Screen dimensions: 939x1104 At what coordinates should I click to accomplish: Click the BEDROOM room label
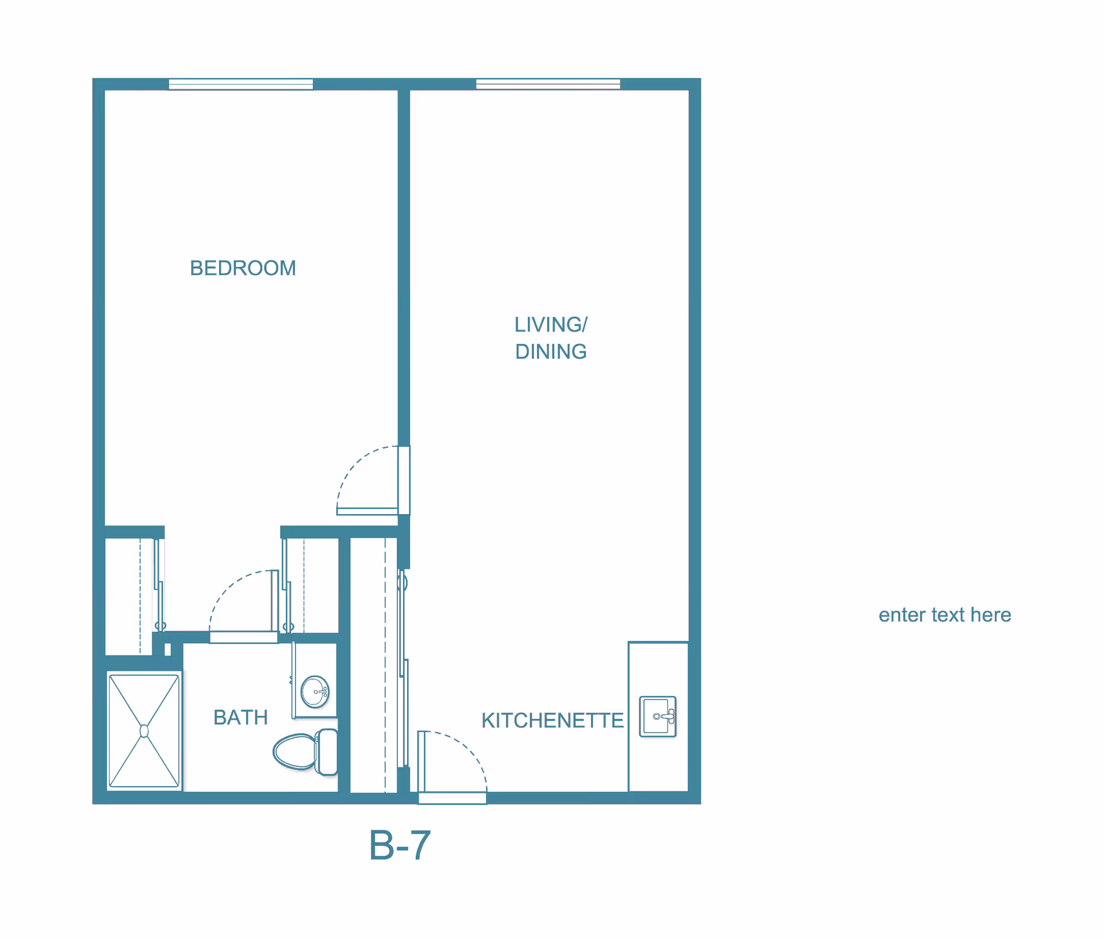pos(243,268)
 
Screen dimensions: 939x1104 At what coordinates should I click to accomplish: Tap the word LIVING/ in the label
pos(550,325)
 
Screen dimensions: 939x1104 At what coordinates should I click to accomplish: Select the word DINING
pos(550,351)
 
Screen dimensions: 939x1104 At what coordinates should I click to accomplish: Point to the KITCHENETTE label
pos(552,720)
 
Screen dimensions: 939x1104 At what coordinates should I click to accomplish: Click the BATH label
pos(240,718)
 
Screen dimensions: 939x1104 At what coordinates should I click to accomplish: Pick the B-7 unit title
pos(400,845)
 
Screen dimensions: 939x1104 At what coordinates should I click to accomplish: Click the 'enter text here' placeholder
pos(944,615)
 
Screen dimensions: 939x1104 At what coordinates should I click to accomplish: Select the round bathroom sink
pos(315,691)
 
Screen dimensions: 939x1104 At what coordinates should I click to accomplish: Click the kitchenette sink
pos(658,716)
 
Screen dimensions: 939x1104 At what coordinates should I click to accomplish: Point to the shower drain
pos(144,731)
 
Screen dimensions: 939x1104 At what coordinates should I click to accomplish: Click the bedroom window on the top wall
pos(240,85)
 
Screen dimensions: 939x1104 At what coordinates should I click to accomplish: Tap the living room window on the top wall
pos(547,85)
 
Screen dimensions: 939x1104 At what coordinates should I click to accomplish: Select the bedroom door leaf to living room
pos(367,511)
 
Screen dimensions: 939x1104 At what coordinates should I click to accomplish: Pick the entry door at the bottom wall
pos(453,798)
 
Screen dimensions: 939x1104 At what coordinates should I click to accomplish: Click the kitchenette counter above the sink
pos(658,667)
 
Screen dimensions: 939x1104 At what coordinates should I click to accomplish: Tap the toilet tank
pos(328,752)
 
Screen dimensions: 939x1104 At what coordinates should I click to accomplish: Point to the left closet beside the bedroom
pos(129,595)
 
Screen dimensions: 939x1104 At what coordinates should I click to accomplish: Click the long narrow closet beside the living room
pos(373,664)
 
